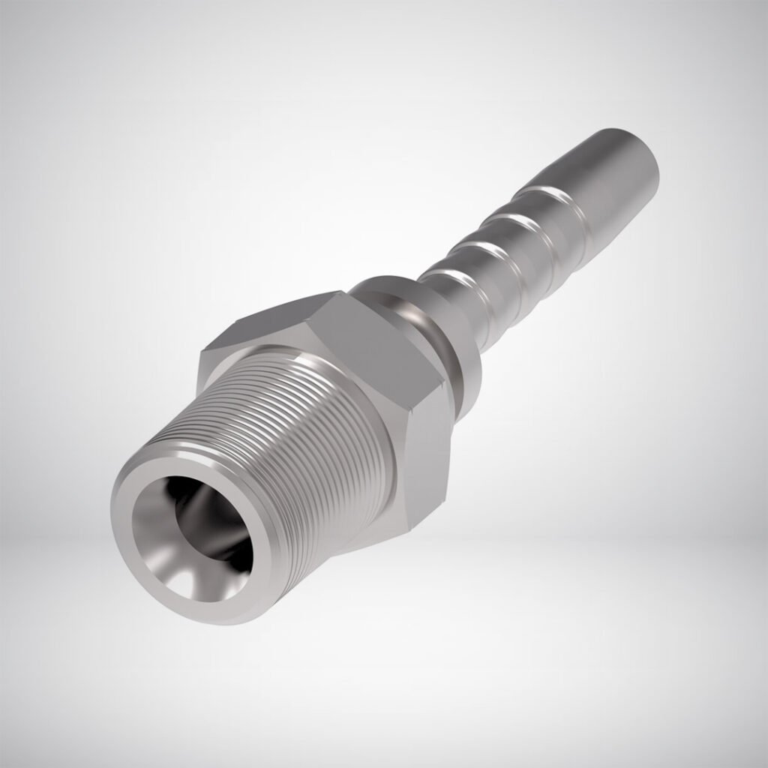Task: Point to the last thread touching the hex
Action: tap(375, 450)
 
